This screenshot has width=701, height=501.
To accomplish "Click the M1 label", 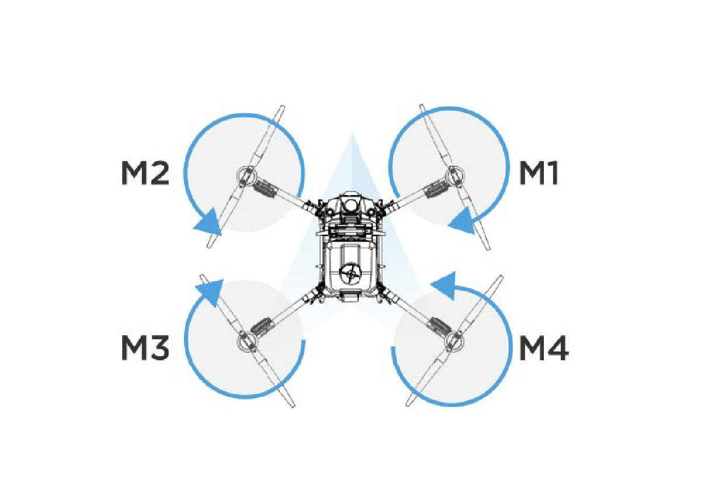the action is (539, 173).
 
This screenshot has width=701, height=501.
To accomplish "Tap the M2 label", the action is (145, 173).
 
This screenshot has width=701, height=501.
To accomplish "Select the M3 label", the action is (145, 348).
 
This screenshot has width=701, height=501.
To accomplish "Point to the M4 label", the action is (544, 348).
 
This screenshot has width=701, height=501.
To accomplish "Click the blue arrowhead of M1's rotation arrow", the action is (463, 221).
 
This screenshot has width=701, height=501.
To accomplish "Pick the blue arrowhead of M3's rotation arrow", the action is (210, 292).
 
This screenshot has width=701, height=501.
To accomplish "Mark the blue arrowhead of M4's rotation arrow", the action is (443, 285).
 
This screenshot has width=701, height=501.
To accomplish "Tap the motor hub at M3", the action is (247, 339).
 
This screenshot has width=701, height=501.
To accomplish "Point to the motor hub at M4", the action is (454, 341).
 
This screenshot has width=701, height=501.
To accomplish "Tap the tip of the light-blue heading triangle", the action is (352, 134).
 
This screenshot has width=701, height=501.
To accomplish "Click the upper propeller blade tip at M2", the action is (282, 107).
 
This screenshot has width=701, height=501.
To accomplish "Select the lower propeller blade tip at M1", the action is (488, 248).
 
